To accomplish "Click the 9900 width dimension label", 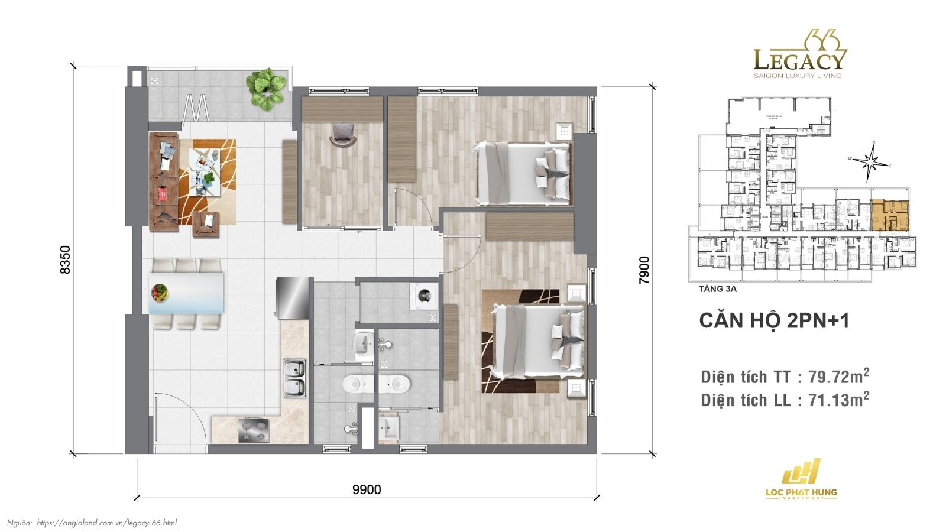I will pyautogui.click(x=367, y=489).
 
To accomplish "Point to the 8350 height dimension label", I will pyautogui.click(x=65, y=259).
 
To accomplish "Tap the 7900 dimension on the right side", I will pyautogui.click(x=644, y=270).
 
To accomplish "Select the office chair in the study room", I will pyautogui.click(x=344, y=134).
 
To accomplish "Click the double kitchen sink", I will pyautogui.click(x=294, y=378).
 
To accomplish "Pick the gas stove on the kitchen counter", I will pyautogui.click(x=253, y=430).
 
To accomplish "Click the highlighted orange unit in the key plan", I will pyautogui.click(x=890, y=215).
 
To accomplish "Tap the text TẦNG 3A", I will pyautogui.click(x=717, y=289).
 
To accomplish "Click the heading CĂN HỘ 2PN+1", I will pyautogui.click(x=774, y=320).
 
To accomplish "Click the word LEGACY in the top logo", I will pyautogui.click(x=800, y=60).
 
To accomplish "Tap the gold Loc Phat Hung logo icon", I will pyautogui.click(x=801, y=472).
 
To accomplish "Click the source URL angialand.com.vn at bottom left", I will pyautogui.click(x=106, y=523).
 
